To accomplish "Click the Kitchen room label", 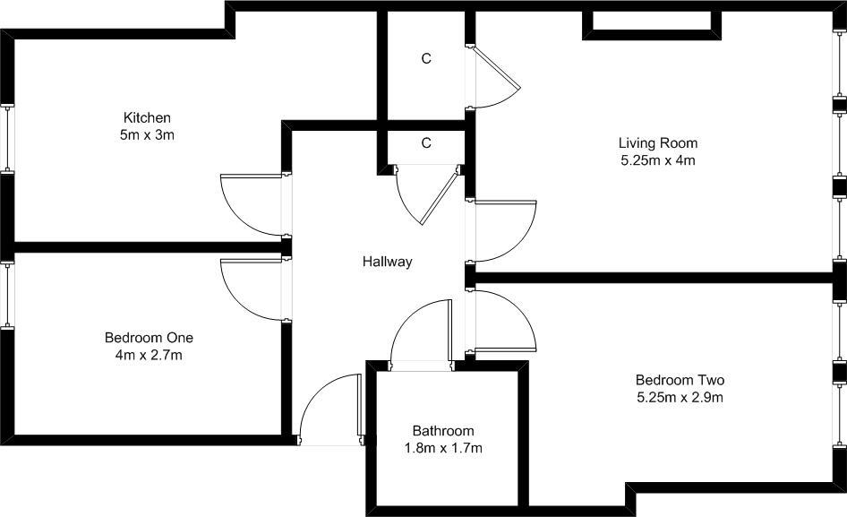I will [147, 117].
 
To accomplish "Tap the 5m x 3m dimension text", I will [147, 135].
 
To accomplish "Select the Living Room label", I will [658, 142].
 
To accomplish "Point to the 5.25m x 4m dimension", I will [658, 161].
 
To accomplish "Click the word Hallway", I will [388, 262].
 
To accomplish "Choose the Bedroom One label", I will [149, 338].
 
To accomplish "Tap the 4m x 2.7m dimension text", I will [149, 356].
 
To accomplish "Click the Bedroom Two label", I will [680, 379].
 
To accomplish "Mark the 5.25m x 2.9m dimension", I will [680, 397].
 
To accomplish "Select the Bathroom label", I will [443, 430].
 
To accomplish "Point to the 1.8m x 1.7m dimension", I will [443, 448].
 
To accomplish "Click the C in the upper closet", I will [426, 59].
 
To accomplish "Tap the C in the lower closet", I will [426, 142].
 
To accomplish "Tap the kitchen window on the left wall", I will [10, 138].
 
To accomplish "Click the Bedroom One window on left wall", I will [10, 295].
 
